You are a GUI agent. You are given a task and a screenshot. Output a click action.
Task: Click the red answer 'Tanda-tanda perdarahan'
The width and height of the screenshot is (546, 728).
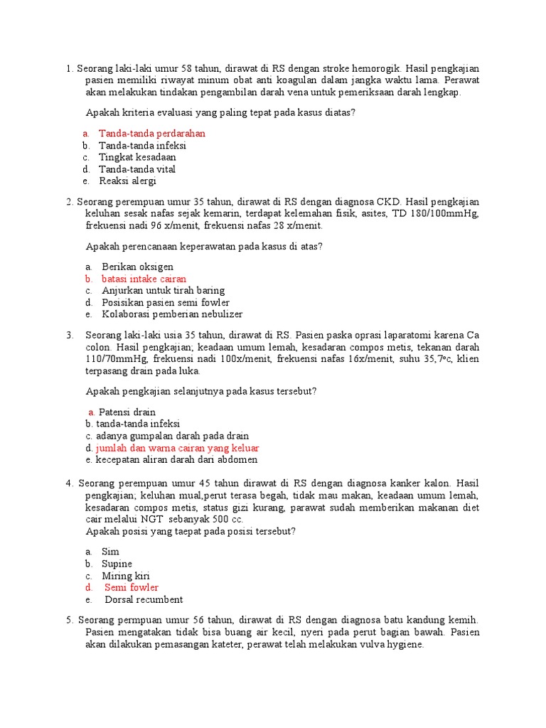[x=151, y=133]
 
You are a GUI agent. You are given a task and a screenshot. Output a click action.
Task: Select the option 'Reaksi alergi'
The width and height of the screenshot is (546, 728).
[x=127, y=181]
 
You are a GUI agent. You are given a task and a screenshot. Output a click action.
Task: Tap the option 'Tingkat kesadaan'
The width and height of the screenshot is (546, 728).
[x=137, y=157]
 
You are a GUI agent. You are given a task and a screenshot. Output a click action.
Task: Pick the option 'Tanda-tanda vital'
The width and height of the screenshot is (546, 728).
[x=137, y=169]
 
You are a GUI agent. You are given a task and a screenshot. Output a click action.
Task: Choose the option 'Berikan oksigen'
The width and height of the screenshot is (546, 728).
[x=137, y=267]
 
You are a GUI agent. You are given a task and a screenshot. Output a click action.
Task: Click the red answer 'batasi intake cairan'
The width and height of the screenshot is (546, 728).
[x=144, y=279]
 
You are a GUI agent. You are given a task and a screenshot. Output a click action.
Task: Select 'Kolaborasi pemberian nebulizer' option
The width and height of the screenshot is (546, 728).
[x=172, y=314]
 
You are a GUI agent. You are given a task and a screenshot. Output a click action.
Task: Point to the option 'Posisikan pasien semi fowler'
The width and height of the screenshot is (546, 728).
[x=166, y=302]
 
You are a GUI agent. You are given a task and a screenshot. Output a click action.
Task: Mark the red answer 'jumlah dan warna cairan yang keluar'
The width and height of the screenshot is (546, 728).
[x=177, y=448]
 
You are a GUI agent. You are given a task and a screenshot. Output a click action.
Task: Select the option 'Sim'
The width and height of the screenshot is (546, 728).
[x=110, y=552]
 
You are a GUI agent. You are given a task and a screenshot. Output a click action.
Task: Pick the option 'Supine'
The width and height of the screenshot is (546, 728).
[x=117, y=564]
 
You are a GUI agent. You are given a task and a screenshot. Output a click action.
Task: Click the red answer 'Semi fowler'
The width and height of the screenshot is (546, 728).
[x=132, y=588]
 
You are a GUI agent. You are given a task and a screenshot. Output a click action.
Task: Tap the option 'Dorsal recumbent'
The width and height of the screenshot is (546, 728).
[x=144, y=599]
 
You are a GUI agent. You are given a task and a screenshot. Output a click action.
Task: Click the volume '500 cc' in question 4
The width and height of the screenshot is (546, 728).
[x=228, y=520]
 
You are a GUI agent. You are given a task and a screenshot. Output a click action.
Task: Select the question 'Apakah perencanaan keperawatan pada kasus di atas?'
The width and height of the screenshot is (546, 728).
[x=204, y=247]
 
